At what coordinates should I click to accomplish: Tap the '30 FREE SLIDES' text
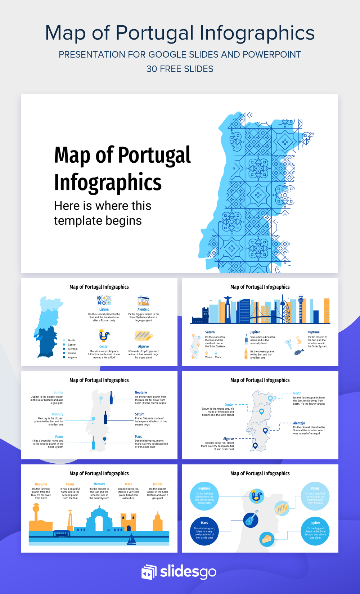[180, 69]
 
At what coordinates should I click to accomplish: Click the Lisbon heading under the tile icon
[104, 309]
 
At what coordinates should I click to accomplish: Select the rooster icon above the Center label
[104, 336]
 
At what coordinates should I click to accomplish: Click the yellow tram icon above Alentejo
[143, 301]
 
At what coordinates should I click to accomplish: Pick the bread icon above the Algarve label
[143, 336]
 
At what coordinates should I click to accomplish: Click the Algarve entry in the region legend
[72, 357]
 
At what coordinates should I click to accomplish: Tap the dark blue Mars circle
[204, 531]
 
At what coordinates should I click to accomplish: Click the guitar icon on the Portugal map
[251, 519]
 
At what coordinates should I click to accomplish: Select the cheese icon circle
[267, 539]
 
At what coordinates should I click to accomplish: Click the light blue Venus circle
[315, 496]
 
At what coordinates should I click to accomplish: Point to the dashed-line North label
[297, 393]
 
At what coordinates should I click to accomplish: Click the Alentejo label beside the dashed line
[299, 423]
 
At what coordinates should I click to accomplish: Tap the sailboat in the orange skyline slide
[132, 539]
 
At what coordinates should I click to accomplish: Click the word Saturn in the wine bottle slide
[140, 414]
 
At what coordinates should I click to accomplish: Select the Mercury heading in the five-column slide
[99, 484]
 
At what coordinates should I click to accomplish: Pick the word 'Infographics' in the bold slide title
[108, 182]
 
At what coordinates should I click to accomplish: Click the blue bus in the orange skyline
[62, 533]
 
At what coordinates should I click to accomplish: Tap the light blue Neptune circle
[204, 496]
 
